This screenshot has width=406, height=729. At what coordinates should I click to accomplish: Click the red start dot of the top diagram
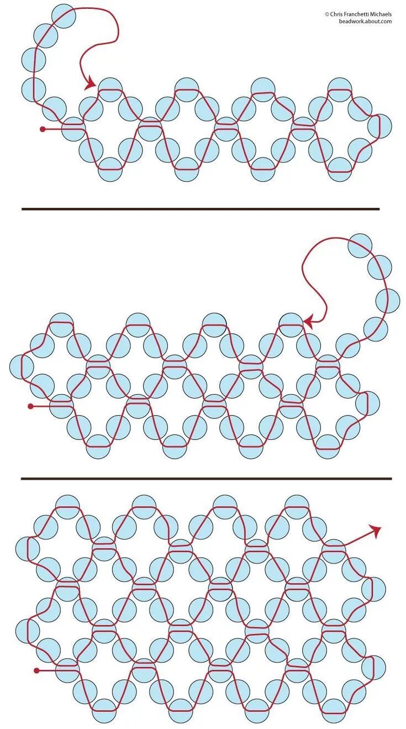pyautogui.click(x=43, y=129)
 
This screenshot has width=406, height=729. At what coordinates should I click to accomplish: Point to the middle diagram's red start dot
pyautogui.click(x=30, y=406)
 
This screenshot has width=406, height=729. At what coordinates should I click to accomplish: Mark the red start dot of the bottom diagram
pyautogui.click(x=37, y=670)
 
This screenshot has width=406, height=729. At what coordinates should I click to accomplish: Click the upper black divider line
pyautogui.click(x=201, y=209)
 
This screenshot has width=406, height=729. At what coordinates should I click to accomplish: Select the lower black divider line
pyautogui.click(x=206, y=479)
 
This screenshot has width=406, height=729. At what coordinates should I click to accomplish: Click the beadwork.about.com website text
pyautogui.click(x=365, y=21)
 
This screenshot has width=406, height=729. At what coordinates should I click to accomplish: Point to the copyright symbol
pyautogui.click(x=326, y=14)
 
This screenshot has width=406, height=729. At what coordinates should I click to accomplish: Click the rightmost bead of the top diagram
pyautogui.click(x=379, y=125)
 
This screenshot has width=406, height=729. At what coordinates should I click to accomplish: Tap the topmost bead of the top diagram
pyautogui.click(x=64, y=16)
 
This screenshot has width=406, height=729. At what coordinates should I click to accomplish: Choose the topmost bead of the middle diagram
pyautogui.click(x=360, y=245)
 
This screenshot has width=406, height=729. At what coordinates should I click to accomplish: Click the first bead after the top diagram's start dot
pyautogui.click(x=73, y=129)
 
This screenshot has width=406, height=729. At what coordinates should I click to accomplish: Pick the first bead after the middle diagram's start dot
pyautogui.click(x=61, y=406)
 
